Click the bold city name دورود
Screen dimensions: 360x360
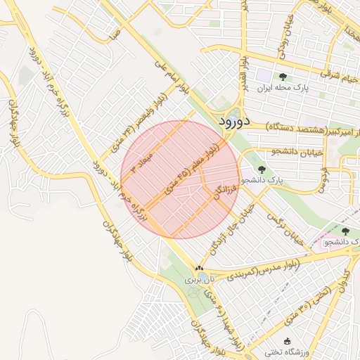coord(236,121)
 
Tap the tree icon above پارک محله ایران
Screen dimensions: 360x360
coord(283,77)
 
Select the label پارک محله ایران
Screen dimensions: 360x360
coord(282,89)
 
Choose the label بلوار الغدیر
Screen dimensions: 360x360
coord(243,75)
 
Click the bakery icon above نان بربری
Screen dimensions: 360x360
coord(200,268)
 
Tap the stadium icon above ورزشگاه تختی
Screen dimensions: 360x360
coord(288,340)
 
